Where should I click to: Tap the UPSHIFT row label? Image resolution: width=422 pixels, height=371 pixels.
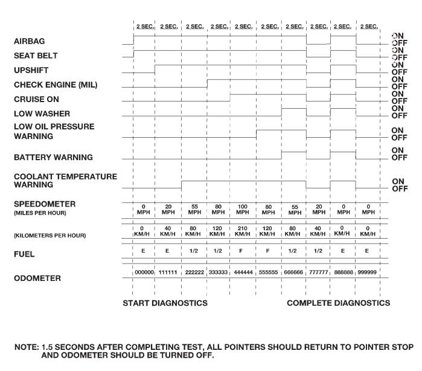(x=31, y=71)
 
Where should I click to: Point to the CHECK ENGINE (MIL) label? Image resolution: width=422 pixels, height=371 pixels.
(x=55, y=85)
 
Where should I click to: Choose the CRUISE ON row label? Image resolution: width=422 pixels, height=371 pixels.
(x=36, y=99)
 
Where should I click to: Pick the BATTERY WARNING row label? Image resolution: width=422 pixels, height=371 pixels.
(x=53, y=158)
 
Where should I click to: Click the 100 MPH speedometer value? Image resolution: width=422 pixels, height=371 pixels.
(x=243, y=209)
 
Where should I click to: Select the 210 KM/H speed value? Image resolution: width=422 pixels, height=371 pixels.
(x=243, y=231)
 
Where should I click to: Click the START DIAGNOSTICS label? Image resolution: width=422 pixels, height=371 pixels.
(x=165, y=303)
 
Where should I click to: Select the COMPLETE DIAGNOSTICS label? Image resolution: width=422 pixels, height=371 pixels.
(x=338, y=303)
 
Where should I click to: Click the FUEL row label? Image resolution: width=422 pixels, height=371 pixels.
(x=24, y=254)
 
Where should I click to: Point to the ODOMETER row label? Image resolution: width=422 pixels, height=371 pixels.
(x=37, y=279)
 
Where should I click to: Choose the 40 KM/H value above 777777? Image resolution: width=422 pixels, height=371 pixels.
(x=318, y=231)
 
